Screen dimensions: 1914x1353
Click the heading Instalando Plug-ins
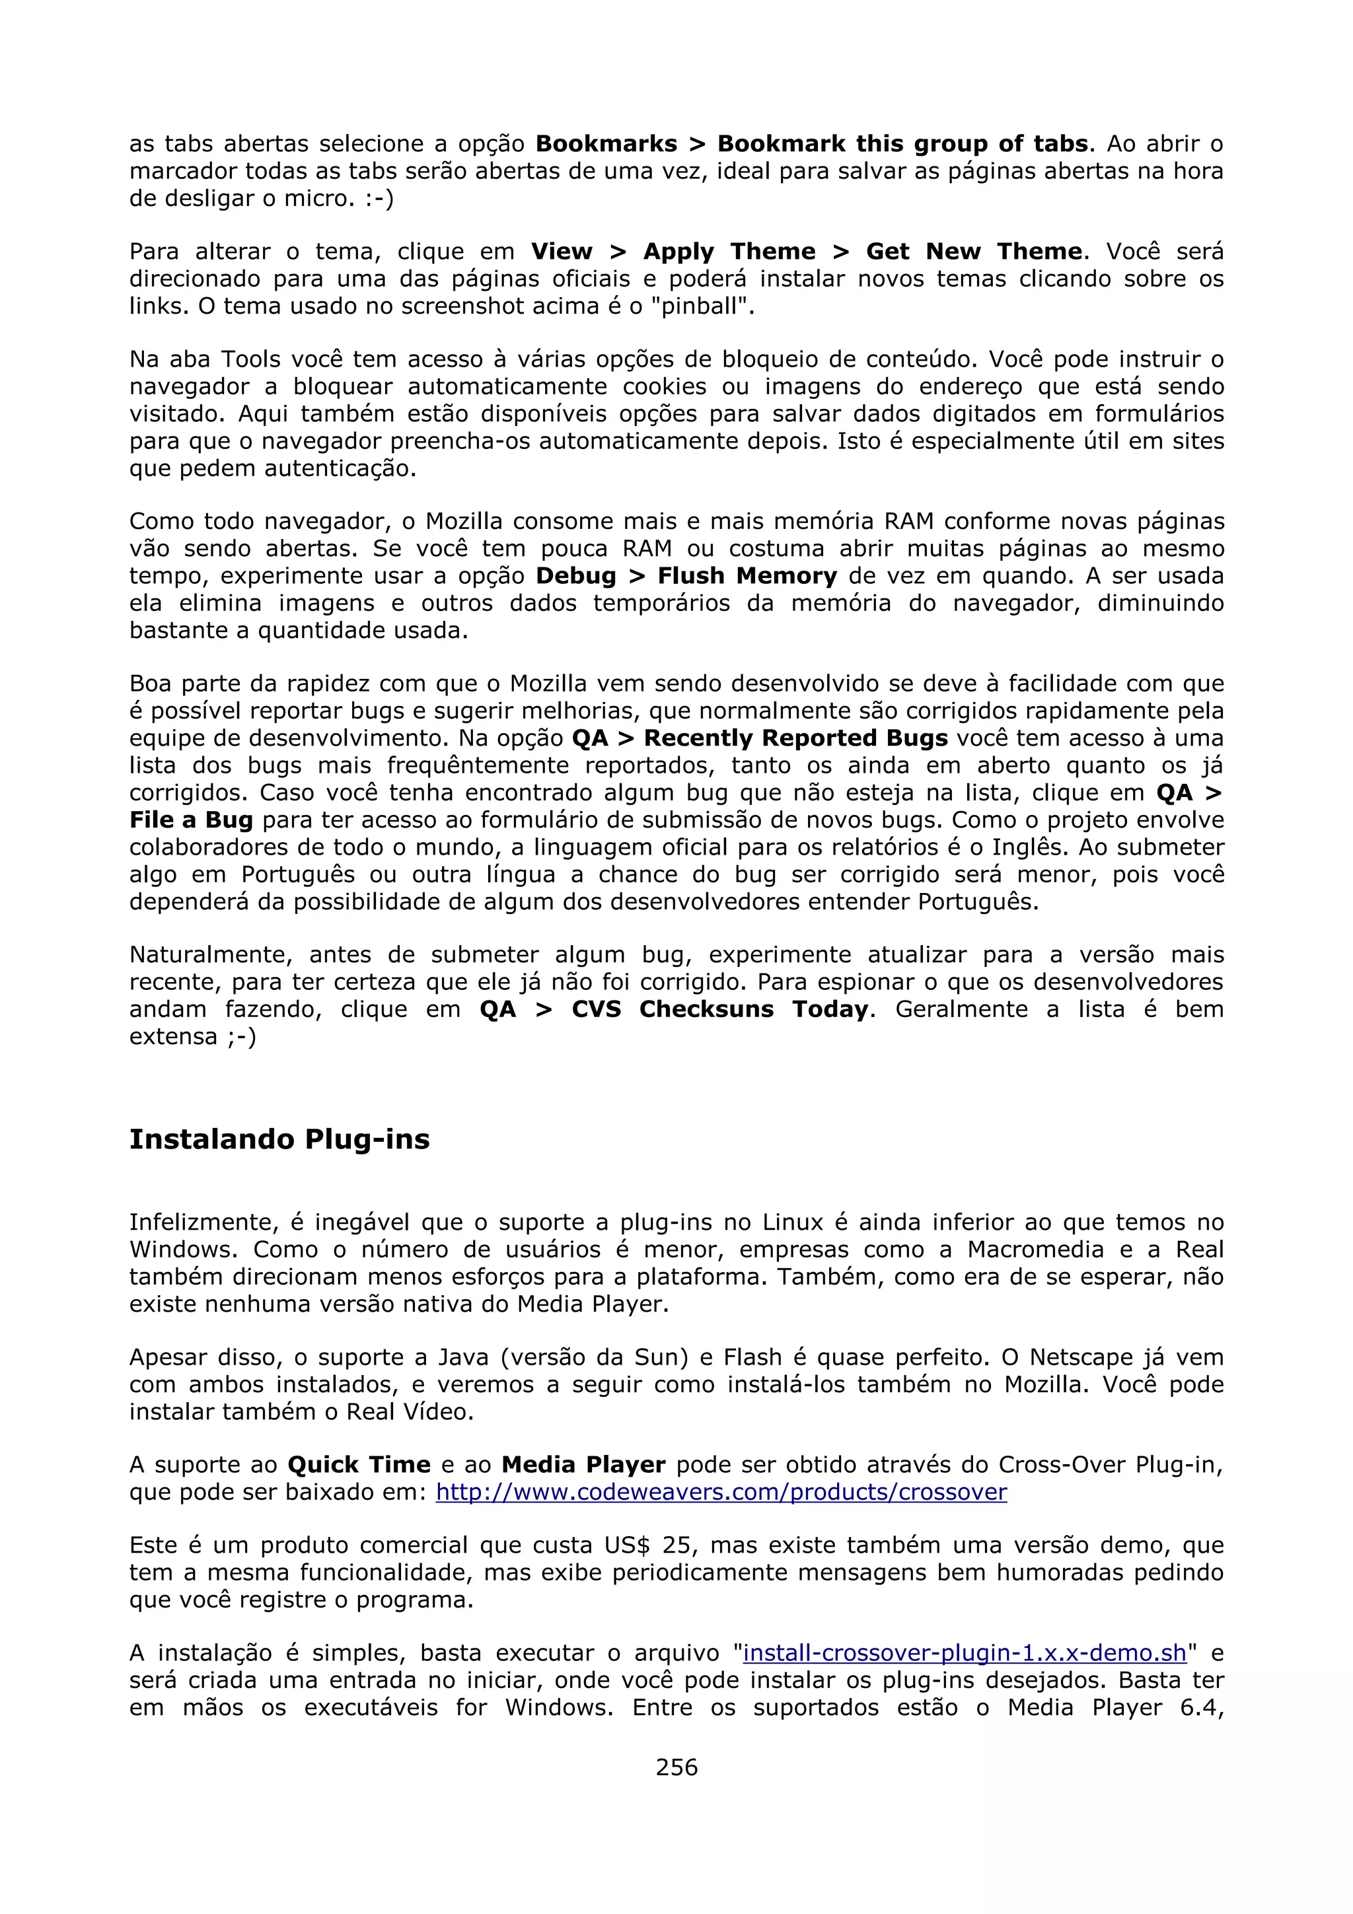[279, 1139]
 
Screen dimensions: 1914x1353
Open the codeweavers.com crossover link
[721, 1491]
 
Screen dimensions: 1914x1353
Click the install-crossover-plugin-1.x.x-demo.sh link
[965, 1652]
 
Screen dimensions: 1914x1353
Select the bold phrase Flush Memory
[747, 576]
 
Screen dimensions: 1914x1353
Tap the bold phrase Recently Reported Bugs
[796, 738]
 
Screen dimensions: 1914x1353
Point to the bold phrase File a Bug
[191, 820]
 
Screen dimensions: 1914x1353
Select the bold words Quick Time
[359, 1465]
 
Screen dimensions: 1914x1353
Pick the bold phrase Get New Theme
[974, 251]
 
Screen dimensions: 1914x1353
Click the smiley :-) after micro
[379, 198]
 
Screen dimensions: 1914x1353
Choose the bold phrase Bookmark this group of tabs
[903, 143]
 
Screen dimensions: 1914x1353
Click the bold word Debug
[575, 576]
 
